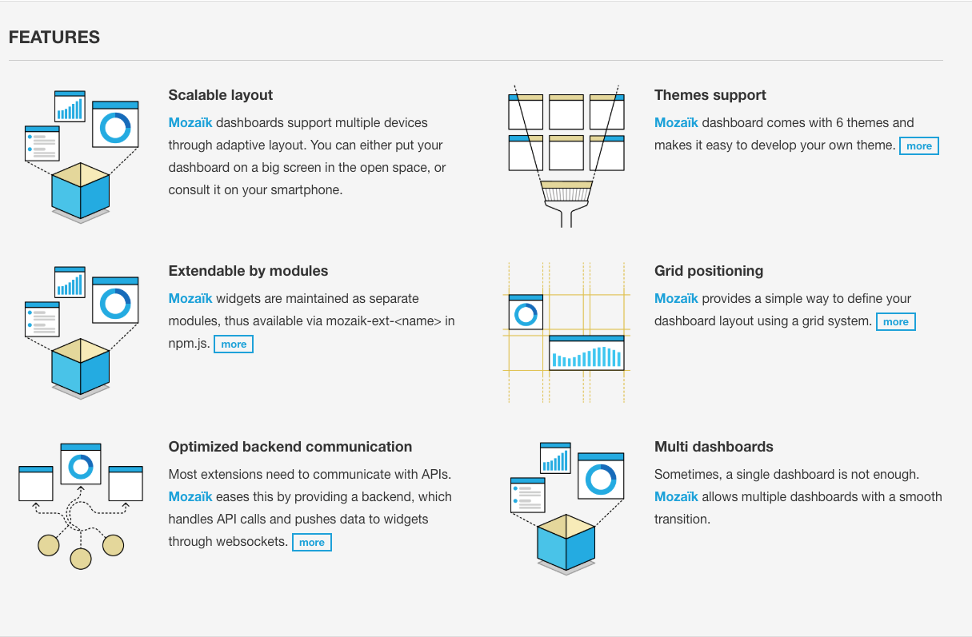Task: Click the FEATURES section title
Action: [x=54, y=38]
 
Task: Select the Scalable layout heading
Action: [x=220, y=95]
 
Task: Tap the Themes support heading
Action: [x=710, y=95]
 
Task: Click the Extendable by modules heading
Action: [x=248, y=271]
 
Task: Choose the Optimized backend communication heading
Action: [x=290, y=447]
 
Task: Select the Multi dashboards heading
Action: [x=714, y=447]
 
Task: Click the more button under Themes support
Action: [x=918, y=146]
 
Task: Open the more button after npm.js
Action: [x=234, y=344]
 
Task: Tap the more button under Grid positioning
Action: [x=895, y=322]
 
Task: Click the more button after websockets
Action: [x=311, y=543]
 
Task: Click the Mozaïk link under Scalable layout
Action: [x=190, y=123]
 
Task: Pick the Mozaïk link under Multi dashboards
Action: [x=676, y=497]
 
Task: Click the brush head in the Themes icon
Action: [x=566, y=191]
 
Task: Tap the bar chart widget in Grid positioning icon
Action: [x=586, y=352]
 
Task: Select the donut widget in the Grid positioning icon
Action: [x=526, y=313]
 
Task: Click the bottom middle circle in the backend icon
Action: [x=81, y=557]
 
